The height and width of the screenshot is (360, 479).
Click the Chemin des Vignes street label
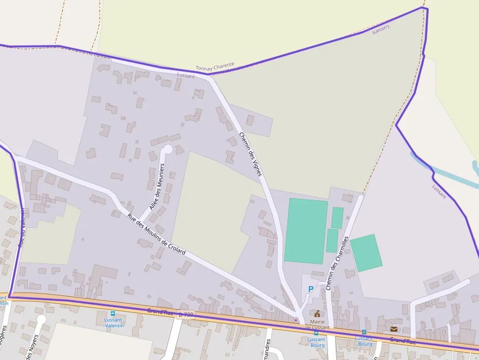click(251, 154)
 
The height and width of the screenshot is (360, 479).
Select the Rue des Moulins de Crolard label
click(156, 234)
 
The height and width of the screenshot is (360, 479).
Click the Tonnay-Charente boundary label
click(215, 67)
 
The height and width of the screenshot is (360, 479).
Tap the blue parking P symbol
click(310, 289)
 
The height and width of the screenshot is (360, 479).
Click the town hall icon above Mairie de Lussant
click(317, 314)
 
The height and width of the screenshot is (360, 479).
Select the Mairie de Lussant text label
click(317, 324)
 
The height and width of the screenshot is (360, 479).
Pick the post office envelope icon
click(393, 329)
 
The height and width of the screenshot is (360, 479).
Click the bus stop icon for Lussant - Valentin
click(113, 314)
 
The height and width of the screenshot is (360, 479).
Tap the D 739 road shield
click(186, 315)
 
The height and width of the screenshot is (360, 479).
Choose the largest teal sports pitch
click(306, 231)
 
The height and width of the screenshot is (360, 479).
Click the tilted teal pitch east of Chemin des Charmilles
click(366, 253)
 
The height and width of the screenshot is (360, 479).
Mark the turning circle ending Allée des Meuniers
click(167, 148)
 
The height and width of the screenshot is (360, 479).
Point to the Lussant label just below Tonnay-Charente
click(186, 76)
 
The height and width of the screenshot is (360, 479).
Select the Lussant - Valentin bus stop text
click(113, 323)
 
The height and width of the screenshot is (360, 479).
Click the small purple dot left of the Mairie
click(295, 320)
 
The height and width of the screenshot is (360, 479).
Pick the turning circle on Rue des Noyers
click(41, 319)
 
